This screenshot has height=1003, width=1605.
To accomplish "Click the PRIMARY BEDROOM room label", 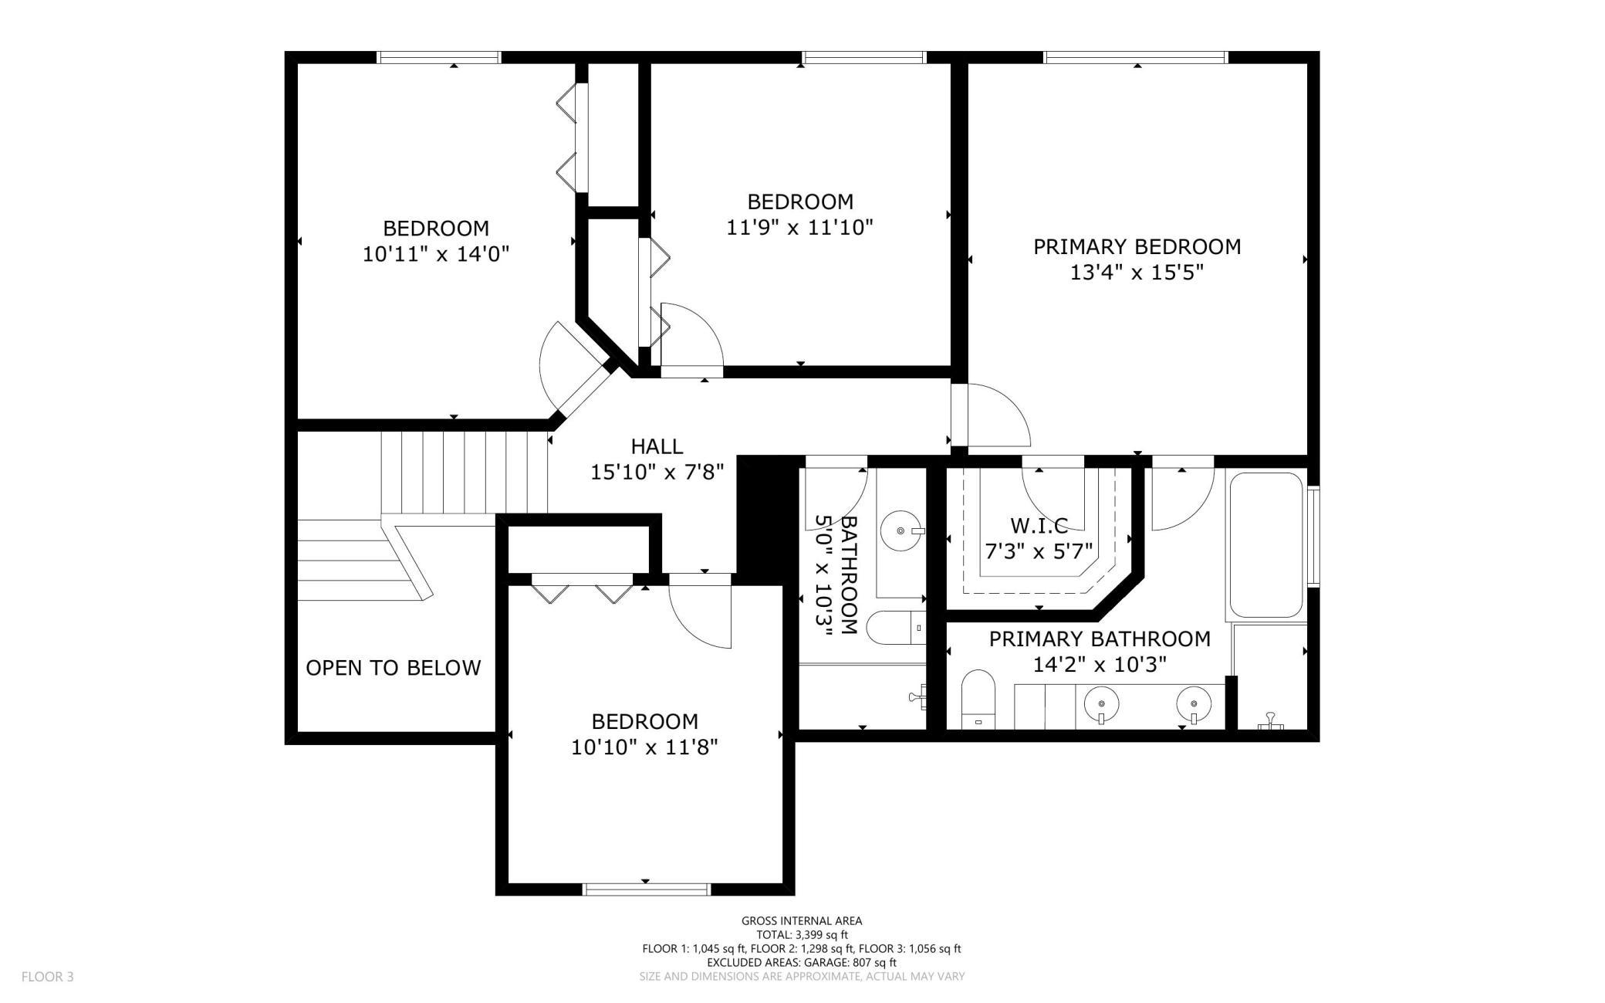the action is (x=1137, y=247).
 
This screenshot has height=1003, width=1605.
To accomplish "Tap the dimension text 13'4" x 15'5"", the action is (x=1137, y=273).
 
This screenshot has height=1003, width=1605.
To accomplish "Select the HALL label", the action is (x=657, y=446).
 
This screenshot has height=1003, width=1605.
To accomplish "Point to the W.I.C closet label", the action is (x=1039, y=526).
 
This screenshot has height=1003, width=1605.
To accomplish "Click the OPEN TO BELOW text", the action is (x=394, y=668).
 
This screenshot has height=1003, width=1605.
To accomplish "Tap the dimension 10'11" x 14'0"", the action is (x=437, y=254).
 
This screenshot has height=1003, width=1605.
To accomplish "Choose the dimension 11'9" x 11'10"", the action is (x=800, y=228).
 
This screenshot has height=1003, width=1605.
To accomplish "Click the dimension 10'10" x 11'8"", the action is (x=645, y=747).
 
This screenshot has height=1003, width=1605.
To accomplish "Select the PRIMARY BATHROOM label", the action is (x=1100, y=639).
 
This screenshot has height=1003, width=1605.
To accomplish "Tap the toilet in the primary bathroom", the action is (x=978, y=699).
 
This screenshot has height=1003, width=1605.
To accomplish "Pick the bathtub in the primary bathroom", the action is (x=1266, y=544).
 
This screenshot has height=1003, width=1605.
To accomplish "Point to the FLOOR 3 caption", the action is (x=48, y=977).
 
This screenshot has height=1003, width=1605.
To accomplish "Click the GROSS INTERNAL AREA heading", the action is (x=802, y=920).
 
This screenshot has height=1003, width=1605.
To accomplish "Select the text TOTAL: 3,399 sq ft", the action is (x=802, y=934).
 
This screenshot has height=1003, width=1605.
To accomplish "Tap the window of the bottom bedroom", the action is (x=646, y=889).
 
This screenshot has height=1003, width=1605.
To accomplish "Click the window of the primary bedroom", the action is (x=1135, y=57).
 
